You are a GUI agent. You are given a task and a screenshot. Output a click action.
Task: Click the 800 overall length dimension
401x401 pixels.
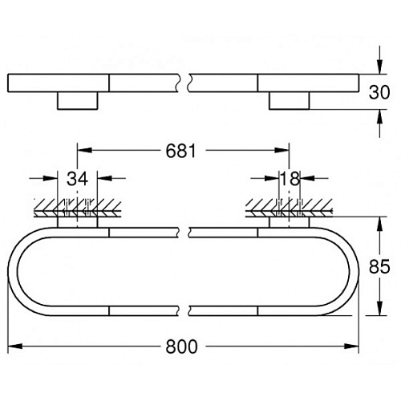point(181,346)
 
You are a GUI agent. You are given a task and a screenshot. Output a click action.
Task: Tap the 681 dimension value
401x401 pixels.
point(181,151)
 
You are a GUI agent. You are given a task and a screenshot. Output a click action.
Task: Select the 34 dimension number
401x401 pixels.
point(77,179)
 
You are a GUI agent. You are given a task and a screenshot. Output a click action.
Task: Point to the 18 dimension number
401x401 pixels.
point(290,179)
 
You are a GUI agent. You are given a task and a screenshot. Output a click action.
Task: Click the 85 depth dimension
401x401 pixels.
point(379,266)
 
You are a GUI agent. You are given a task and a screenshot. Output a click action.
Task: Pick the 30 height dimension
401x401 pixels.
point(379,92)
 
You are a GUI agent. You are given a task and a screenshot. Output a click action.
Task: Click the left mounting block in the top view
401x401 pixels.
point(78,100)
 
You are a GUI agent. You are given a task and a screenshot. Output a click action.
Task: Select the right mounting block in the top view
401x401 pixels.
point(289,100)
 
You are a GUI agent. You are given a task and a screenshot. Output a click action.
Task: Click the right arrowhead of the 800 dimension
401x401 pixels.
point(351,346)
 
